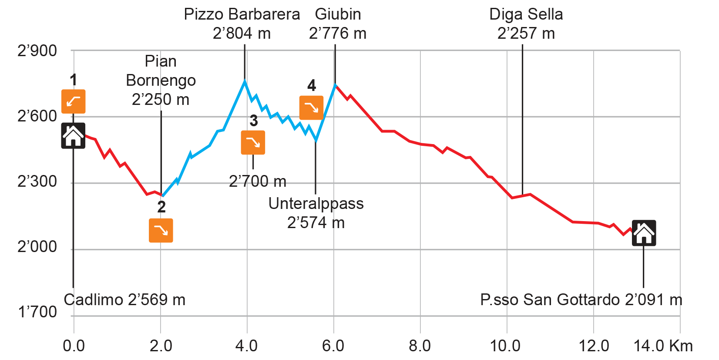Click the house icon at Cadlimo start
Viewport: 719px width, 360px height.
tap(73, 136)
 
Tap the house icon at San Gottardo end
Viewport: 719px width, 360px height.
tap(644, 234)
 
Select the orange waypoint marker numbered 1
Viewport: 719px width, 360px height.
tap(73, 101)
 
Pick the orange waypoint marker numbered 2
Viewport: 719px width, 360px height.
tap(161, 230)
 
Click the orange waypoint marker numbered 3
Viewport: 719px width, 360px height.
tap(253, 142)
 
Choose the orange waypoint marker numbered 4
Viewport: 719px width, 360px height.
tap(311, 108)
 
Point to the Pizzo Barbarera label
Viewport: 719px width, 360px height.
tap(242, 14)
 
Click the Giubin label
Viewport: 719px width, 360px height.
tap(338, 14)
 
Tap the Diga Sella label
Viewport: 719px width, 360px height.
tap(526, 14)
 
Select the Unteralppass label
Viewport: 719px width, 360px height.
tap(316, 204)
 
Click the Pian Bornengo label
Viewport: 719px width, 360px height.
tap(161, 71)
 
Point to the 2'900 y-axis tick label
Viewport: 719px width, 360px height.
tap(37, 51)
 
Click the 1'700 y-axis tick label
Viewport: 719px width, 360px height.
tap(37, 312)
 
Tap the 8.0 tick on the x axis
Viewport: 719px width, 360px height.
tap(420, 346)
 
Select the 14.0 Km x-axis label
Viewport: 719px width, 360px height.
tap(663, 346)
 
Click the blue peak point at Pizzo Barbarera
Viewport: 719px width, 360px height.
tap(245, 81)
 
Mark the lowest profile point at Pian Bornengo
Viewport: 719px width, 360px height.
tap(162, 196)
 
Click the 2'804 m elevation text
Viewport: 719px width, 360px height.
tap(242, 34)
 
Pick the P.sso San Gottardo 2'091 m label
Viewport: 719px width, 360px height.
tap(581, 300)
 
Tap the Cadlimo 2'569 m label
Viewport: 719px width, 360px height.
tap(124, 300)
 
